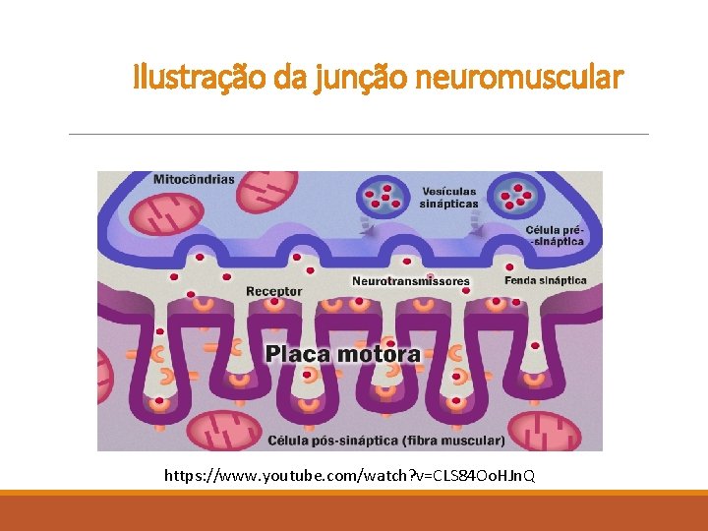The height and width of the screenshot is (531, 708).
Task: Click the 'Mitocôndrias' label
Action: pyautogui.click(x=194, y=180)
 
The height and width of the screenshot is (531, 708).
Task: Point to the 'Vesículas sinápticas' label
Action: pyautogui.click(x=449, y=198)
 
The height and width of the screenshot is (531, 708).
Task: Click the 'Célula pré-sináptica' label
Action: pyautogui.click(x=556, y=234)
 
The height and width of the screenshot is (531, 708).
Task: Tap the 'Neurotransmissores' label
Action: pyautogui.click(x=411, y=281)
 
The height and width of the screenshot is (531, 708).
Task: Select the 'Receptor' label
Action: pyautogui.click(x=273, y=292)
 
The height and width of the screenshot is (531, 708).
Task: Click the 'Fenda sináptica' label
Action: pyautogui.click(x=545, y=280)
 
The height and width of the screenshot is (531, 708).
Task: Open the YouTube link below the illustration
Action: pyautogui.click(x=350, y=477)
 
